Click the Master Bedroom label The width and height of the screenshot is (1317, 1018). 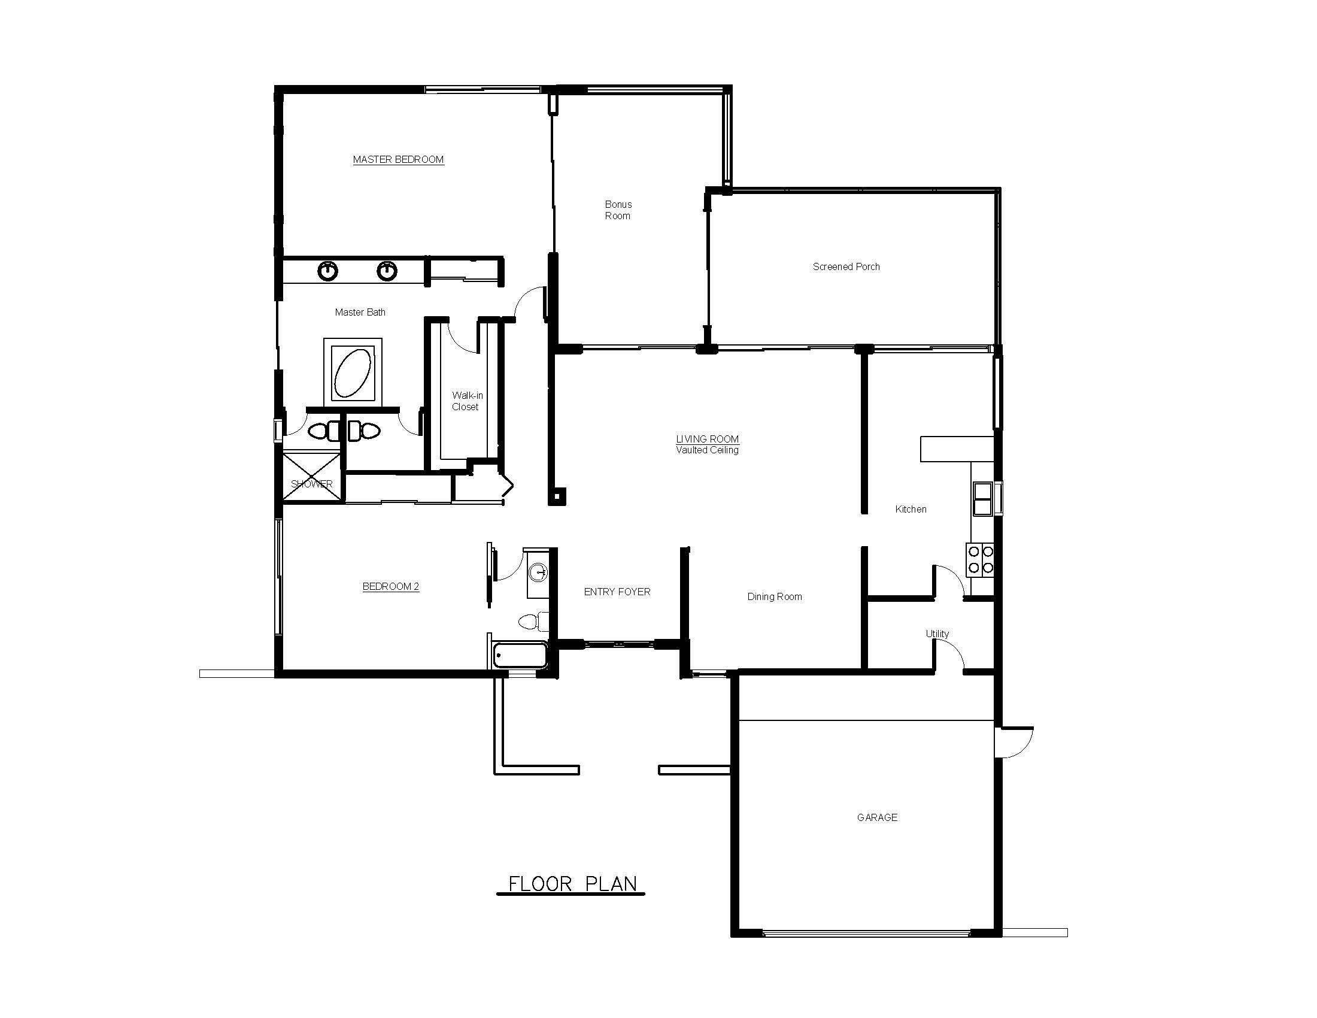coord(398,159)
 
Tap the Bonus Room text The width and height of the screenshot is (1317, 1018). coord(618,210)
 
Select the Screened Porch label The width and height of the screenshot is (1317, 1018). coord(846,266)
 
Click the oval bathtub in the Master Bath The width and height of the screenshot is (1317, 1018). coord(353,371)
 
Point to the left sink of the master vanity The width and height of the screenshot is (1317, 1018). coord(327,271)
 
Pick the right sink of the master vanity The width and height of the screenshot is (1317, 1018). coord(387,271)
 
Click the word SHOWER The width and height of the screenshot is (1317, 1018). coord(312,484)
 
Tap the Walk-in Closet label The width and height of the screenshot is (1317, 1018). coord(467,401)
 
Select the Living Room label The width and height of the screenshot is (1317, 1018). coord(708,439)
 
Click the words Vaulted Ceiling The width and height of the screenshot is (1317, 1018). coord(708,450)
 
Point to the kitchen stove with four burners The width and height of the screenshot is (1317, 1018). coord(980,560)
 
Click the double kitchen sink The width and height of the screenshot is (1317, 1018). coord(982,499)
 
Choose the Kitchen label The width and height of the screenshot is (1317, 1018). coord(911,509)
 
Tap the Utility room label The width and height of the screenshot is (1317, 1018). coord(937,633)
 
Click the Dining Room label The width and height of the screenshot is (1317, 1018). coord(774,596)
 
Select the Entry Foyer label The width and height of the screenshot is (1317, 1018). coord(617,592)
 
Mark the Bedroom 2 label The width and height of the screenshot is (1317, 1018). coord(391,586)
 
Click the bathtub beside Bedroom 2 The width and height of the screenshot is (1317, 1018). coord(520,655)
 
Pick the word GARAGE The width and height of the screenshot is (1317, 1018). coord(877,817)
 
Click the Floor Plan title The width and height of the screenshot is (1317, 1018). coord(572,884)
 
